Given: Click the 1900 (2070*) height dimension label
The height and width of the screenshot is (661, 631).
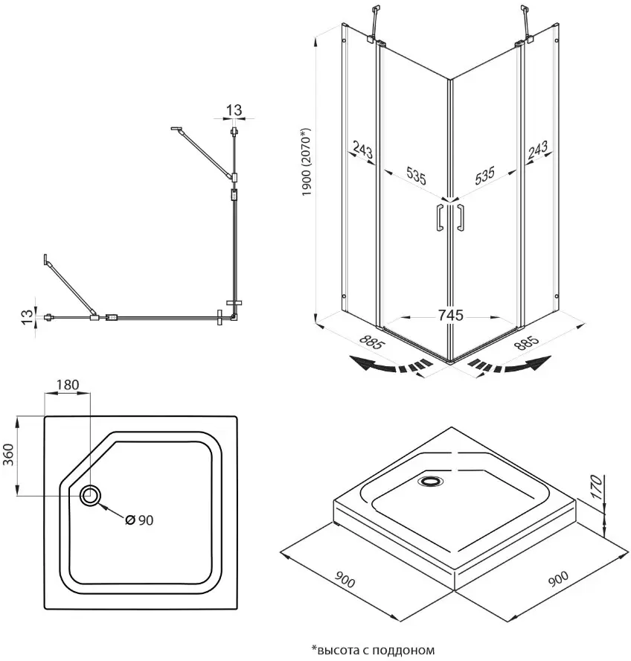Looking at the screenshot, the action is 307,162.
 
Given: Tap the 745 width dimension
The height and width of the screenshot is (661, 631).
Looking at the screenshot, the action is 450,315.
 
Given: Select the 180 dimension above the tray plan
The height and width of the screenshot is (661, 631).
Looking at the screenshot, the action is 68,384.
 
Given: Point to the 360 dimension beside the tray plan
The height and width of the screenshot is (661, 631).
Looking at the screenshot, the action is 9,454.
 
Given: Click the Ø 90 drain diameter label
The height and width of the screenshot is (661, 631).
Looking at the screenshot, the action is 140,520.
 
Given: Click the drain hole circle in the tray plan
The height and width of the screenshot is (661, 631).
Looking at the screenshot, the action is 90,495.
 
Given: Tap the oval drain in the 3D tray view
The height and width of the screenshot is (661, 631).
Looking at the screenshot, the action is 430,481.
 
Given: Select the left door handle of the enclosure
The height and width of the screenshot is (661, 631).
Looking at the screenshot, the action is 440,217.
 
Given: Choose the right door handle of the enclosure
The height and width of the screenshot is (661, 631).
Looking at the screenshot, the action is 461,217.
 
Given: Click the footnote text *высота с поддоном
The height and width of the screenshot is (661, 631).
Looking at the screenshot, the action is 373,650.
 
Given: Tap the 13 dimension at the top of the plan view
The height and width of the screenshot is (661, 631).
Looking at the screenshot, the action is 234,110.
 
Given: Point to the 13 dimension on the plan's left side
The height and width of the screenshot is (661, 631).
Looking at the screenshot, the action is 27,316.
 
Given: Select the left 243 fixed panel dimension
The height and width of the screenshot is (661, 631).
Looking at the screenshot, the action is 362,150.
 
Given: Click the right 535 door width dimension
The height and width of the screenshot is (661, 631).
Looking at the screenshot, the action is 484,176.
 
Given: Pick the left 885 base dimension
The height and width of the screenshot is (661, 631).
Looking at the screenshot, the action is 373,342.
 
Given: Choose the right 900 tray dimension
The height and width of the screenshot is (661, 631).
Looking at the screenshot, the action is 558,578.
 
